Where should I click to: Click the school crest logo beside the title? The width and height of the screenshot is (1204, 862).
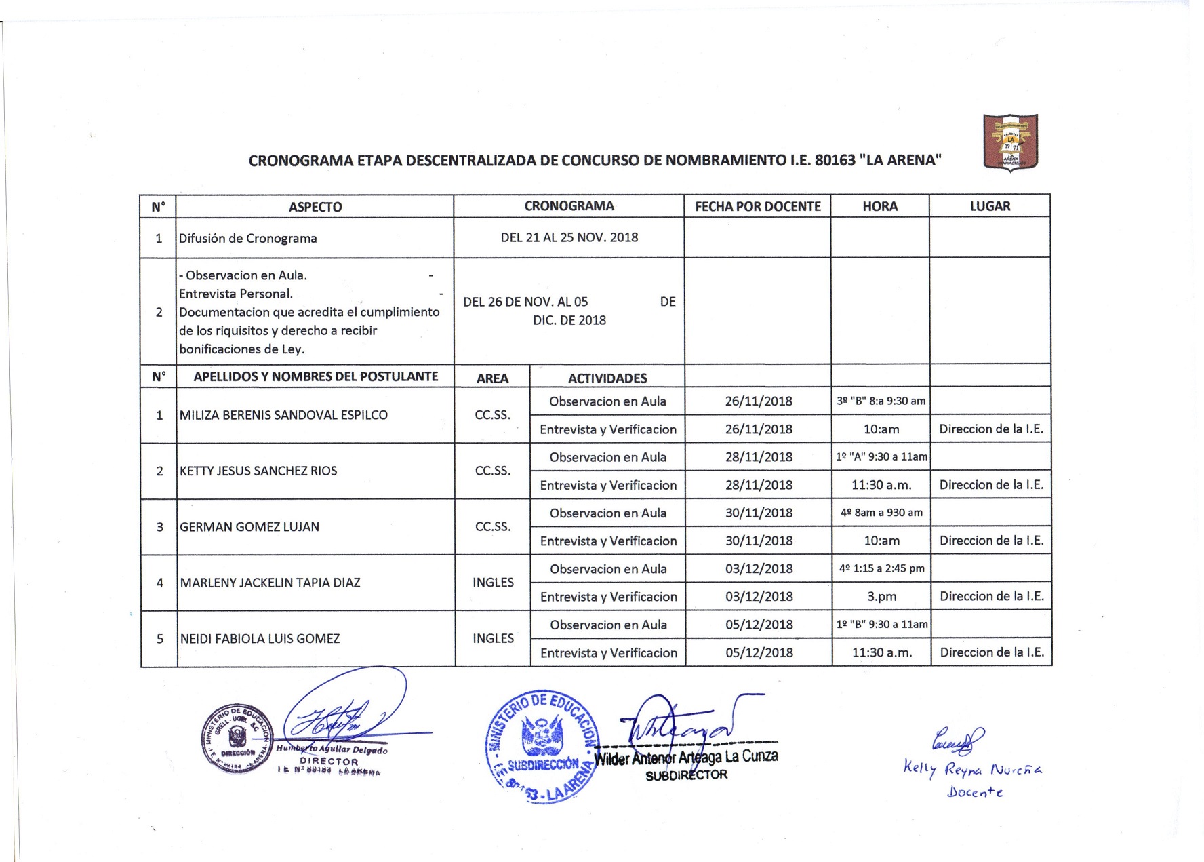point(1010,142)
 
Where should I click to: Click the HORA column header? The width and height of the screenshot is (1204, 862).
point(880,206)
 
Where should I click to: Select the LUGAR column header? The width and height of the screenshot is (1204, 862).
point(990,206)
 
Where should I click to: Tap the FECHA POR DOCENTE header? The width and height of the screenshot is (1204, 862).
point(757,206)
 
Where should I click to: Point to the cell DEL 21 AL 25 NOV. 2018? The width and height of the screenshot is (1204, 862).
point(569,237)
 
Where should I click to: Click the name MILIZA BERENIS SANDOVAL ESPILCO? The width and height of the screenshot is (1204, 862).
point(283,415)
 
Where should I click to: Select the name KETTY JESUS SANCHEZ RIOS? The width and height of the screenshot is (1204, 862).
point(258,471)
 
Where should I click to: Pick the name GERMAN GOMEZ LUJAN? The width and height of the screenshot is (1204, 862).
point(249,527)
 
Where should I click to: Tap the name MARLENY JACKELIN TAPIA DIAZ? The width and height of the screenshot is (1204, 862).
point(270,583)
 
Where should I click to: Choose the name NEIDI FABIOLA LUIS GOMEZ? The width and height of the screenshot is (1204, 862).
point(260,638)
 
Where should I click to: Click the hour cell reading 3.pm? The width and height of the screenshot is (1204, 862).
point(881,597)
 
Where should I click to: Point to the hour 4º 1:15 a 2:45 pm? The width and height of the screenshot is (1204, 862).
point(881,568)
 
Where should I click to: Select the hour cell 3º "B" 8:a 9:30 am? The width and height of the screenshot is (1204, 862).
point(881,401)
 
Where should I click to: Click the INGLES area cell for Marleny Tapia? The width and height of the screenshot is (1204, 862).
point(493,583)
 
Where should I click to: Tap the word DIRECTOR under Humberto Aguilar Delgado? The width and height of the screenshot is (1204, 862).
point(329,762)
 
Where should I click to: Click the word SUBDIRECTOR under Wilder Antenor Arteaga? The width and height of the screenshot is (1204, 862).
point(686,775)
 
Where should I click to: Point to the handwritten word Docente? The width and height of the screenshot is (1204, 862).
point(975,791)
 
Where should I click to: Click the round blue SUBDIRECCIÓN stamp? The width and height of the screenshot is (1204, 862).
point(542,746)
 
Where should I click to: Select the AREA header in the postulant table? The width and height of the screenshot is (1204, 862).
point(492,378)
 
